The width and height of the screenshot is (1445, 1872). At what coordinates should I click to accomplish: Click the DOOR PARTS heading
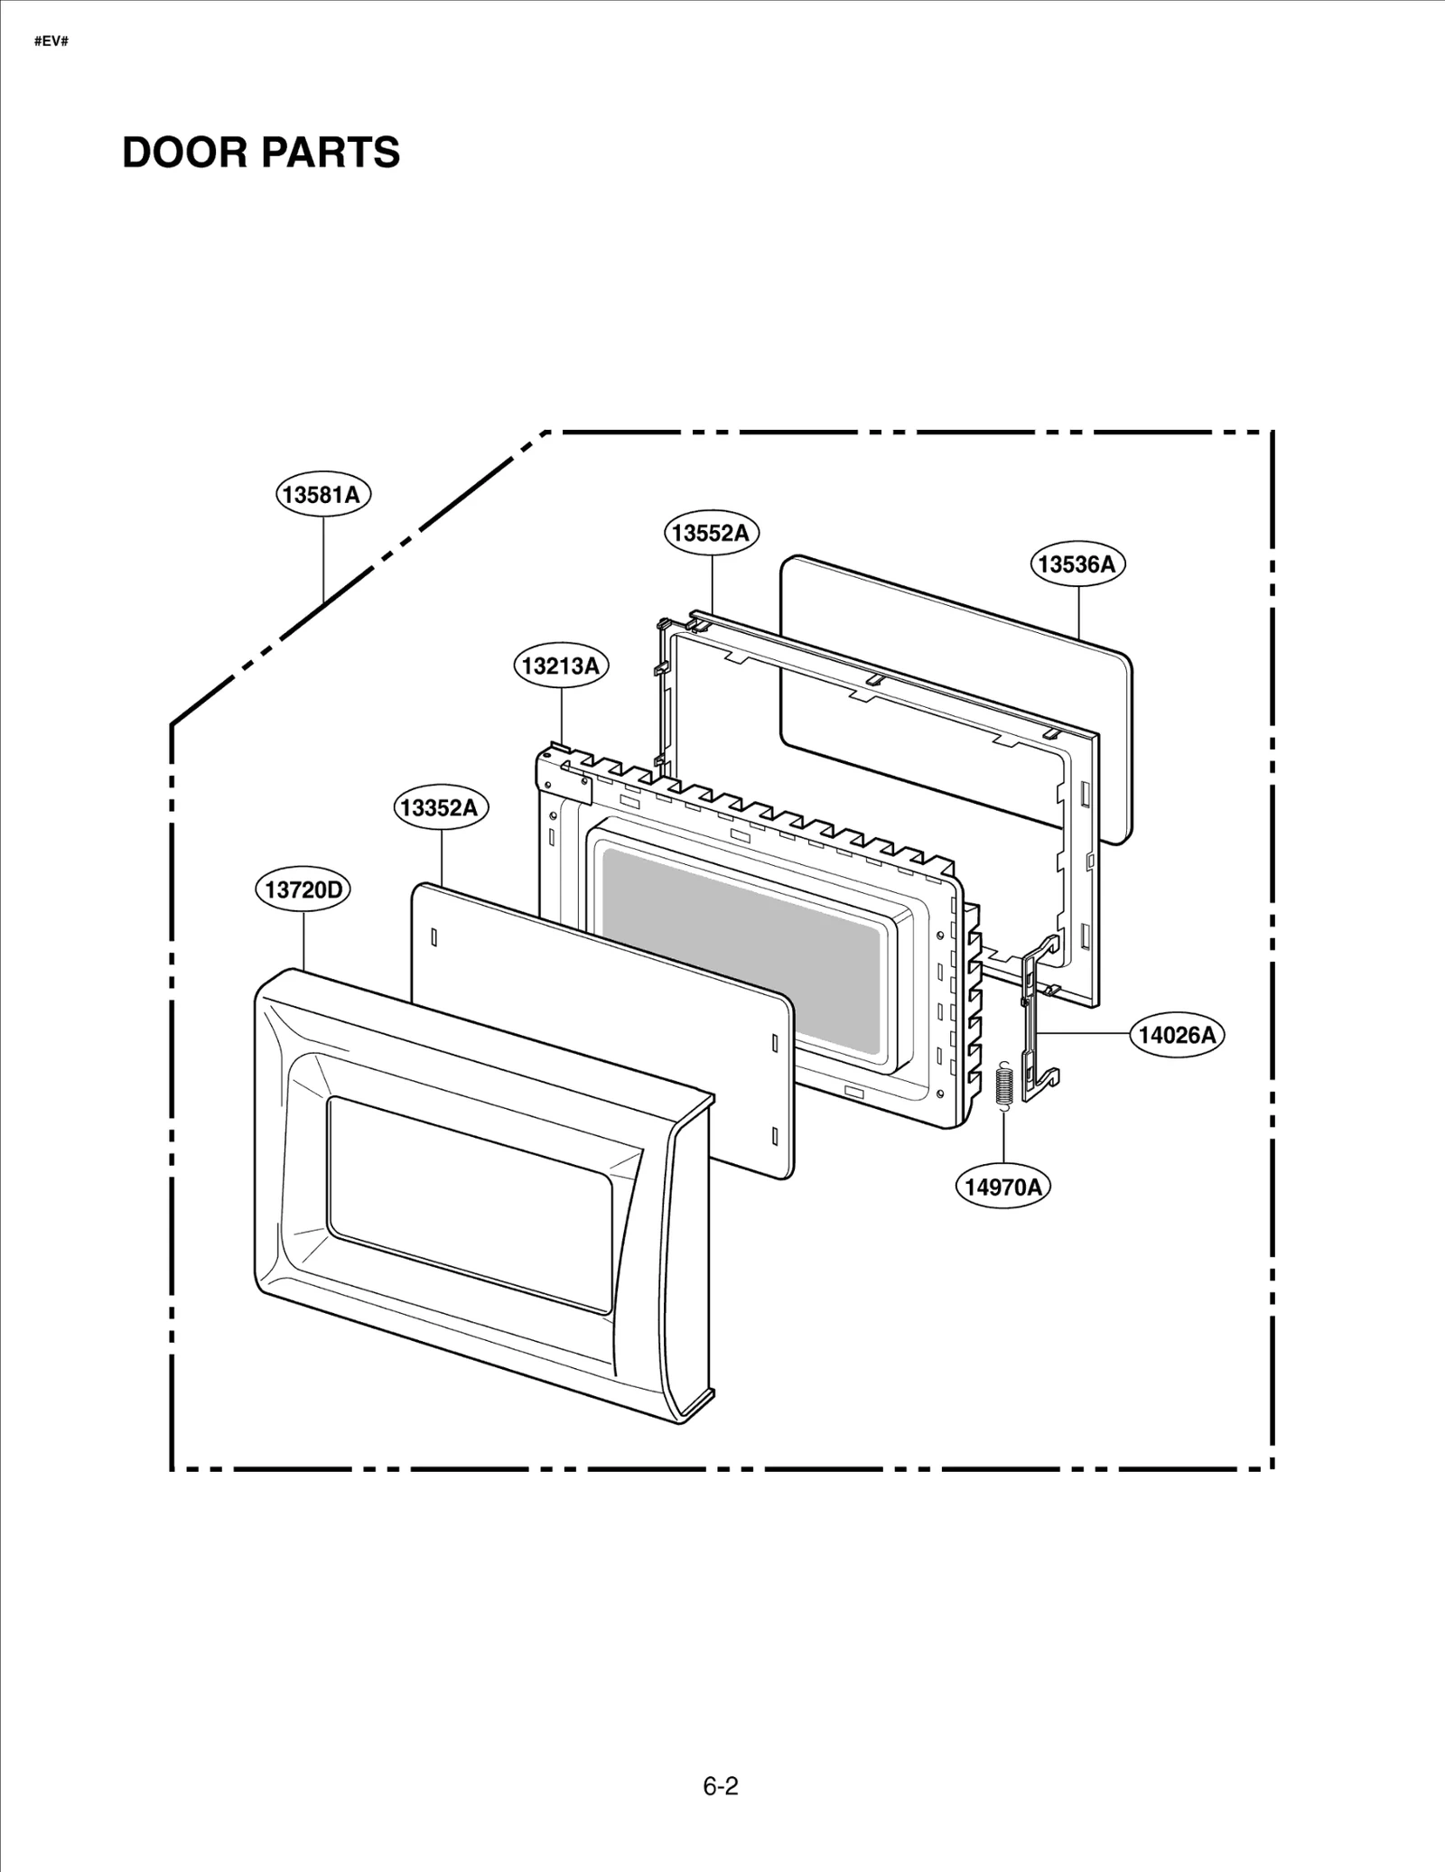(261, 153)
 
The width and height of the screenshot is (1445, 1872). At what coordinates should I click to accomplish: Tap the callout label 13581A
(322, 495)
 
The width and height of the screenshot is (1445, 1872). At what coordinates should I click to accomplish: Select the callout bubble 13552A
(712, 533)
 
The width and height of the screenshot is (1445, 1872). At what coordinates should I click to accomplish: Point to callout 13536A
(1077, 564)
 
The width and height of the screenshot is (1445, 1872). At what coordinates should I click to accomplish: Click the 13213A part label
(561, 666)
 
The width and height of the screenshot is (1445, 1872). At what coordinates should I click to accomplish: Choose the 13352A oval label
(440, 807)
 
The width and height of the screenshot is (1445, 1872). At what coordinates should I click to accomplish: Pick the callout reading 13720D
(303, 890)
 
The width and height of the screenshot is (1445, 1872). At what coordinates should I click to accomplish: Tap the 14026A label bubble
(1176, 1035)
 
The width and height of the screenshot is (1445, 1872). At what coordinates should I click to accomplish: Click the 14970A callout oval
(1002, 1187)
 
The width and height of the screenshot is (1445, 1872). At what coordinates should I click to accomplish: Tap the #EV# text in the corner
(51, 42)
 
